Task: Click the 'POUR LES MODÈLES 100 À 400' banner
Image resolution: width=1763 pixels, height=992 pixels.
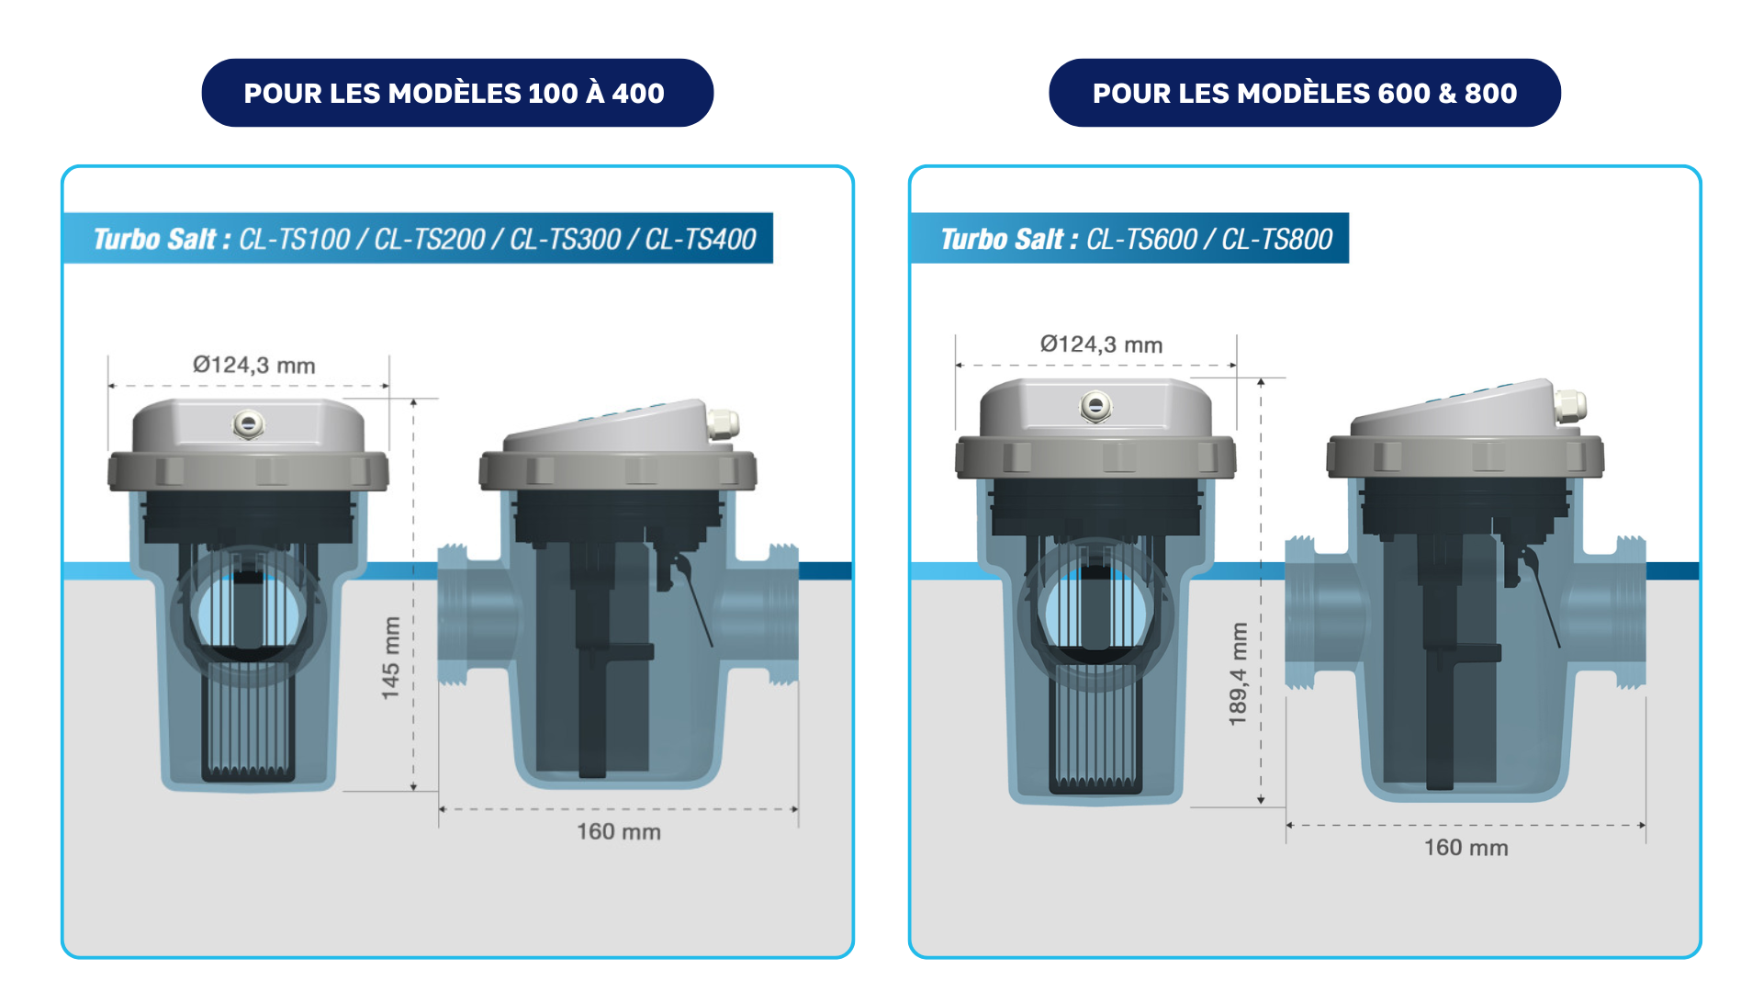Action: tap(456, 93)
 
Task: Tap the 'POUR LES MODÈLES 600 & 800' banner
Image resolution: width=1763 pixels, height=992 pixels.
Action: tap(1304, 93)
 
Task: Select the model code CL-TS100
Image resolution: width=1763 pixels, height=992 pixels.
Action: tap(294, 240)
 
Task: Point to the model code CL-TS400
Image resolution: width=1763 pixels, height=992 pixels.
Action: tap(700, 240)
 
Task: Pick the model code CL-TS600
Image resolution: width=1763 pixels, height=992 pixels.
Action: tap(1141, 240)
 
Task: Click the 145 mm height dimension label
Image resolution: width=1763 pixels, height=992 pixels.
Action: tap(391, 658)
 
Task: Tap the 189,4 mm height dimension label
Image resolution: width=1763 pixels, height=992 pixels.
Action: tap(1239, 674)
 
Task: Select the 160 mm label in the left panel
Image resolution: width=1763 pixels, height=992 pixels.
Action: tap(618, 832)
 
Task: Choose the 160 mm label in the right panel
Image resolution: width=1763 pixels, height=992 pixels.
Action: tap(1465, 848)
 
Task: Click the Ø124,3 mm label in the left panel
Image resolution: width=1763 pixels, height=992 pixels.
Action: tap(254, 366)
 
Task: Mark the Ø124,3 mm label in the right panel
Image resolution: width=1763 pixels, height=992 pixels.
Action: tap(1101, 345)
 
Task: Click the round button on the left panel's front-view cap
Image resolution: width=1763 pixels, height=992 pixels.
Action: tap(248, 424)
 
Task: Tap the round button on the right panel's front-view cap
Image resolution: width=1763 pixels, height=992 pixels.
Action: tap(1095, 405)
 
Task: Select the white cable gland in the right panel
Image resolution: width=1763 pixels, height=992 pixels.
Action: tap(1569, 405)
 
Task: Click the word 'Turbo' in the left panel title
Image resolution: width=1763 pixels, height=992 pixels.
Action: tap(127, 240)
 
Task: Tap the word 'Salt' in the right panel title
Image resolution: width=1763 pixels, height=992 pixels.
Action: tap(1039, 240)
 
